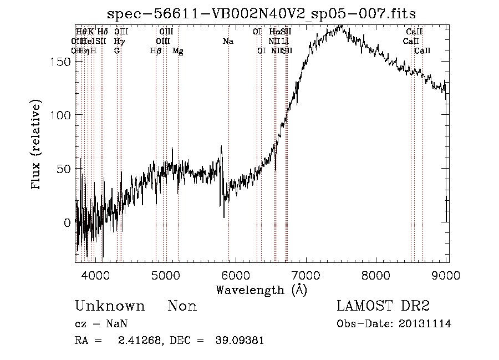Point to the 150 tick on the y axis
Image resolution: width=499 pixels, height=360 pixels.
64,61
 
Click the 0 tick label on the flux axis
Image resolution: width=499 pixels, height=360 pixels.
67,222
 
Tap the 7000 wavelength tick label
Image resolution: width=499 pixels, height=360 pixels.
306,275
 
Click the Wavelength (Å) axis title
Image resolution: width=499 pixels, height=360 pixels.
261,290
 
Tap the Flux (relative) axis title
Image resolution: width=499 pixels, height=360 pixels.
37,146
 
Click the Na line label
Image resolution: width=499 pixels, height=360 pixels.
228,41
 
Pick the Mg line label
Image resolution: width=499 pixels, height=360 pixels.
178,50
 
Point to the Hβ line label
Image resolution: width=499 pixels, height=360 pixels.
156,50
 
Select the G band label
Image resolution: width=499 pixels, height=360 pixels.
117,50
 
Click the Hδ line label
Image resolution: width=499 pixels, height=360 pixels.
102,32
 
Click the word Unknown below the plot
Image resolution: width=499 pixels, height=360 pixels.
110,306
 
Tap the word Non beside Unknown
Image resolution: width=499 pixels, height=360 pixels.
182,306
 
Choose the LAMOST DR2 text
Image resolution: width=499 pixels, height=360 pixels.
383,306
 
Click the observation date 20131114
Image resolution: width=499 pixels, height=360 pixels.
425,324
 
